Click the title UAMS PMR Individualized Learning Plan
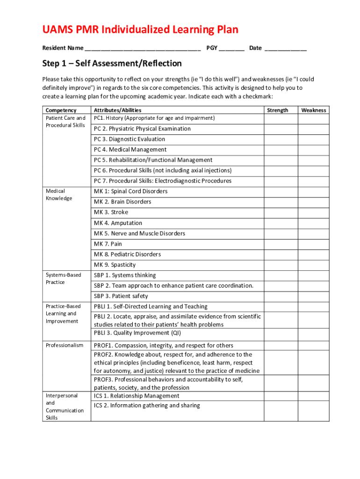(140, 30)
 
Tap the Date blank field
(285, 48)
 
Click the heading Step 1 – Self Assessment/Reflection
(112, 64)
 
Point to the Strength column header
(277, 110)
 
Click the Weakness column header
(313, 110)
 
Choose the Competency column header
(61, 110)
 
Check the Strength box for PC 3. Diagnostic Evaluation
(281, 139)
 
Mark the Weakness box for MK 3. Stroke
(313, 212)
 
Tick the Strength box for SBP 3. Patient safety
(281, 296)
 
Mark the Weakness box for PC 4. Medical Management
(313, 150)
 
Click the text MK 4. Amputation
(118, 223)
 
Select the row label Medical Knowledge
(59, 195)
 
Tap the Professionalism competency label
(65, 346)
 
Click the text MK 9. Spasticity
(115, 265)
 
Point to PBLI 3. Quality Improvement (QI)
(137, 333)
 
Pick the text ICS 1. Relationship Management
(136, 396)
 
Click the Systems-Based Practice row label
(64, 279)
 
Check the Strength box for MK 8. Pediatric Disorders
(281, 254)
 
